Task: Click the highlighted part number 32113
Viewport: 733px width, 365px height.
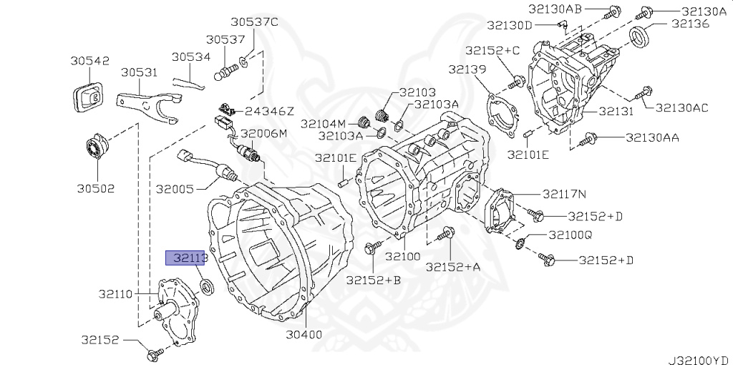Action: point(187,258)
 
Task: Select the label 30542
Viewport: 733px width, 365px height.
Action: point(89,61)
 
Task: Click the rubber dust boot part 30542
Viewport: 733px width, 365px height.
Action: point(87,97)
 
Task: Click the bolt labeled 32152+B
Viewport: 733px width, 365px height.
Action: point(372,249)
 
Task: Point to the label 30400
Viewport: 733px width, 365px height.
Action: point(304,334)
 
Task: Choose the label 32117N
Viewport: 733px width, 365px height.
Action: point(564,193)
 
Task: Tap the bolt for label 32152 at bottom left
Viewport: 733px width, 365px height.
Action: point(154,353)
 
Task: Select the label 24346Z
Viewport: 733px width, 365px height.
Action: point(269,111)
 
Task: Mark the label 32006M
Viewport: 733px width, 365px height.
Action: point(263,134)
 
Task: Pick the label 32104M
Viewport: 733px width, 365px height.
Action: point(324,123)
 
